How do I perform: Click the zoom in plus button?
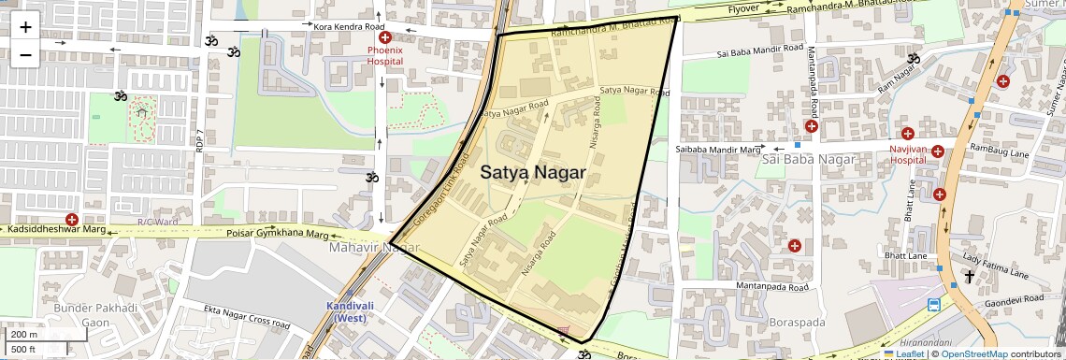pyautogui.click(x=25, y=26)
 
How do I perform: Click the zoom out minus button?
pyautogui.click(x=25, y=54)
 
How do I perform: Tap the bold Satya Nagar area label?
pyautogui.click(x=533, y=173)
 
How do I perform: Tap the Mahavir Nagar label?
pyautogui.click(x=372, y=248)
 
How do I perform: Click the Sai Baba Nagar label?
pyautogui.click(x=809, y=160)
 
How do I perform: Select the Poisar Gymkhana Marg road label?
pyautogui.click(x=279, y=234)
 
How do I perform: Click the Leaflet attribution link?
pyautogui.click(x=906, y=354)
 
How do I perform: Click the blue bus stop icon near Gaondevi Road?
pyautogui.click(x=933, y=305)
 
